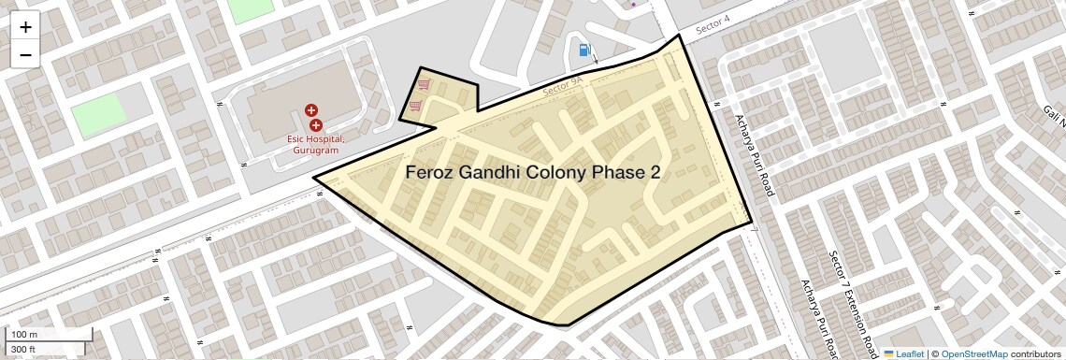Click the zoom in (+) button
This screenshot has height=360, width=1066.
25,27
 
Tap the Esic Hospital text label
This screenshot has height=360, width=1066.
315,139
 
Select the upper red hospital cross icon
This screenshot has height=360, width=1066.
311,110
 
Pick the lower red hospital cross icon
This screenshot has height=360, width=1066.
316,125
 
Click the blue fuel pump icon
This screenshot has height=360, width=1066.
584,50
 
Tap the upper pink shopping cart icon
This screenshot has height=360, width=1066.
424,83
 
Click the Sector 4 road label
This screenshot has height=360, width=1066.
712,28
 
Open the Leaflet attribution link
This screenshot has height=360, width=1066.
902,353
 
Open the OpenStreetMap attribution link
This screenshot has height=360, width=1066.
973,353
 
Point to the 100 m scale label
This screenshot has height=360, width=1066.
24,334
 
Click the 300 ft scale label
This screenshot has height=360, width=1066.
23,350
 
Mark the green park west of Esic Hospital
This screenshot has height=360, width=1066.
98,115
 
